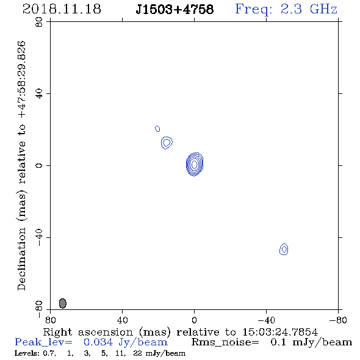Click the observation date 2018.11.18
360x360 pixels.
point(62,9)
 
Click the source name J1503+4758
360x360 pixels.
point(175,9)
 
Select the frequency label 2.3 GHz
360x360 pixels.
point(309,9)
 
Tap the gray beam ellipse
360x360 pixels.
point(63,303)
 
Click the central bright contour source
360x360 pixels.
point(194,164)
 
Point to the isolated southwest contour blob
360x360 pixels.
point(284,249)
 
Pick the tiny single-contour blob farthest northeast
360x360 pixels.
point(157,129)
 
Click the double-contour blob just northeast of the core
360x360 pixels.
point(167,143)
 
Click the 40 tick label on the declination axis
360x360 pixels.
point(39,94)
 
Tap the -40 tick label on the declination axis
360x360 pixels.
point(39,237)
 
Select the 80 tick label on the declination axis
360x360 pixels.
point(39,22)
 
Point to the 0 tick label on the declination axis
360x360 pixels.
point(39,165)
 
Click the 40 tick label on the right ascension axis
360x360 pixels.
point(122,320)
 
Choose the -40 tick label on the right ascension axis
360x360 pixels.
point(266,320)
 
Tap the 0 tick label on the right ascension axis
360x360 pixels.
point(194,320)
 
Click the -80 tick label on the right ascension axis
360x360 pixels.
point(338,320)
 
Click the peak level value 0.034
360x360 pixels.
point(98,342)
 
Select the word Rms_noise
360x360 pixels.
point(225,342)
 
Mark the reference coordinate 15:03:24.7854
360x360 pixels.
point(280,332)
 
